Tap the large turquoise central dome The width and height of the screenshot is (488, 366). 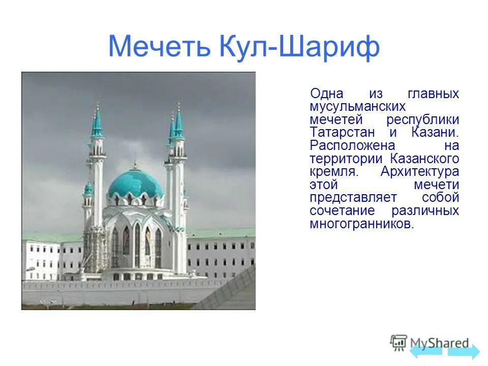pos(135,184)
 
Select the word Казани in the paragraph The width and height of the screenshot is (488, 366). pos(433,132)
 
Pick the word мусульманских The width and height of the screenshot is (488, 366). pos(357,106)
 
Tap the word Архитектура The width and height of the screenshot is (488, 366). pos(419,171)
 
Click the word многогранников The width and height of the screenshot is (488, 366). pos(361,224)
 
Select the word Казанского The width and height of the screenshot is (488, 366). pos(425,159)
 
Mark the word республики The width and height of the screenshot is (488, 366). pos(422,119)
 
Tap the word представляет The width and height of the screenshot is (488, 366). pos(354,198)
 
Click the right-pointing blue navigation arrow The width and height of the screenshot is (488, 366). pos(464,351)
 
